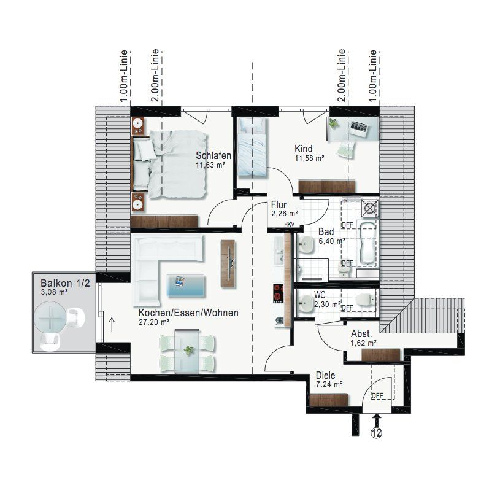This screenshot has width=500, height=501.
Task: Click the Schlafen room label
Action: [213, 155]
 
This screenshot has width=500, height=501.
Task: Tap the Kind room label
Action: [303, 149]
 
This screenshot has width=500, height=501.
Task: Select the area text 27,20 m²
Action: [154, 322]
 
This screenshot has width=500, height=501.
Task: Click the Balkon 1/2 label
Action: [65, 283]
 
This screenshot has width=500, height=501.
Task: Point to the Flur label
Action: [279, 204]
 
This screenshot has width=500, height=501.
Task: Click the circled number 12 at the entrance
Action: [377, 433]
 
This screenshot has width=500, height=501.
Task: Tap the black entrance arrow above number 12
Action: [377, 420]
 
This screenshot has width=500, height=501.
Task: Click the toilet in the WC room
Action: [364, 300]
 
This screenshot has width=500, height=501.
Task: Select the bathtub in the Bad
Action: [368, 242]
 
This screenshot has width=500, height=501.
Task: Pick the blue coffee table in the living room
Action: [186, 286]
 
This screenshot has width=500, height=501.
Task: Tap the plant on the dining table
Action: [188, 351]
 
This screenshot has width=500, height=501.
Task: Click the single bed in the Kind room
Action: [252, 147]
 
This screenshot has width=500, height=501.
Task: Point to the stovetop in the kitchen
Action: [278, 293]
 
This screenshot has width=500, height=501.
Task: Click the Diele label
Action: [325, 375]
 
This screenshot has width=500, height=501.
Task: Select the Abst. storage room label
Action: [361, 334]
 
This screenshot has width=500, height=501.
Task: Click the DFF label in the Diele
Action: [377, 396]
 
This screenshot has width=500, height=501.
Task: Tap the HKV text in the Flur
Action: [290, 225]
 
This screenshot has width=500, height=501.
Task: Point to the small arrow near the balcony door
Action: [112, 324]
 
